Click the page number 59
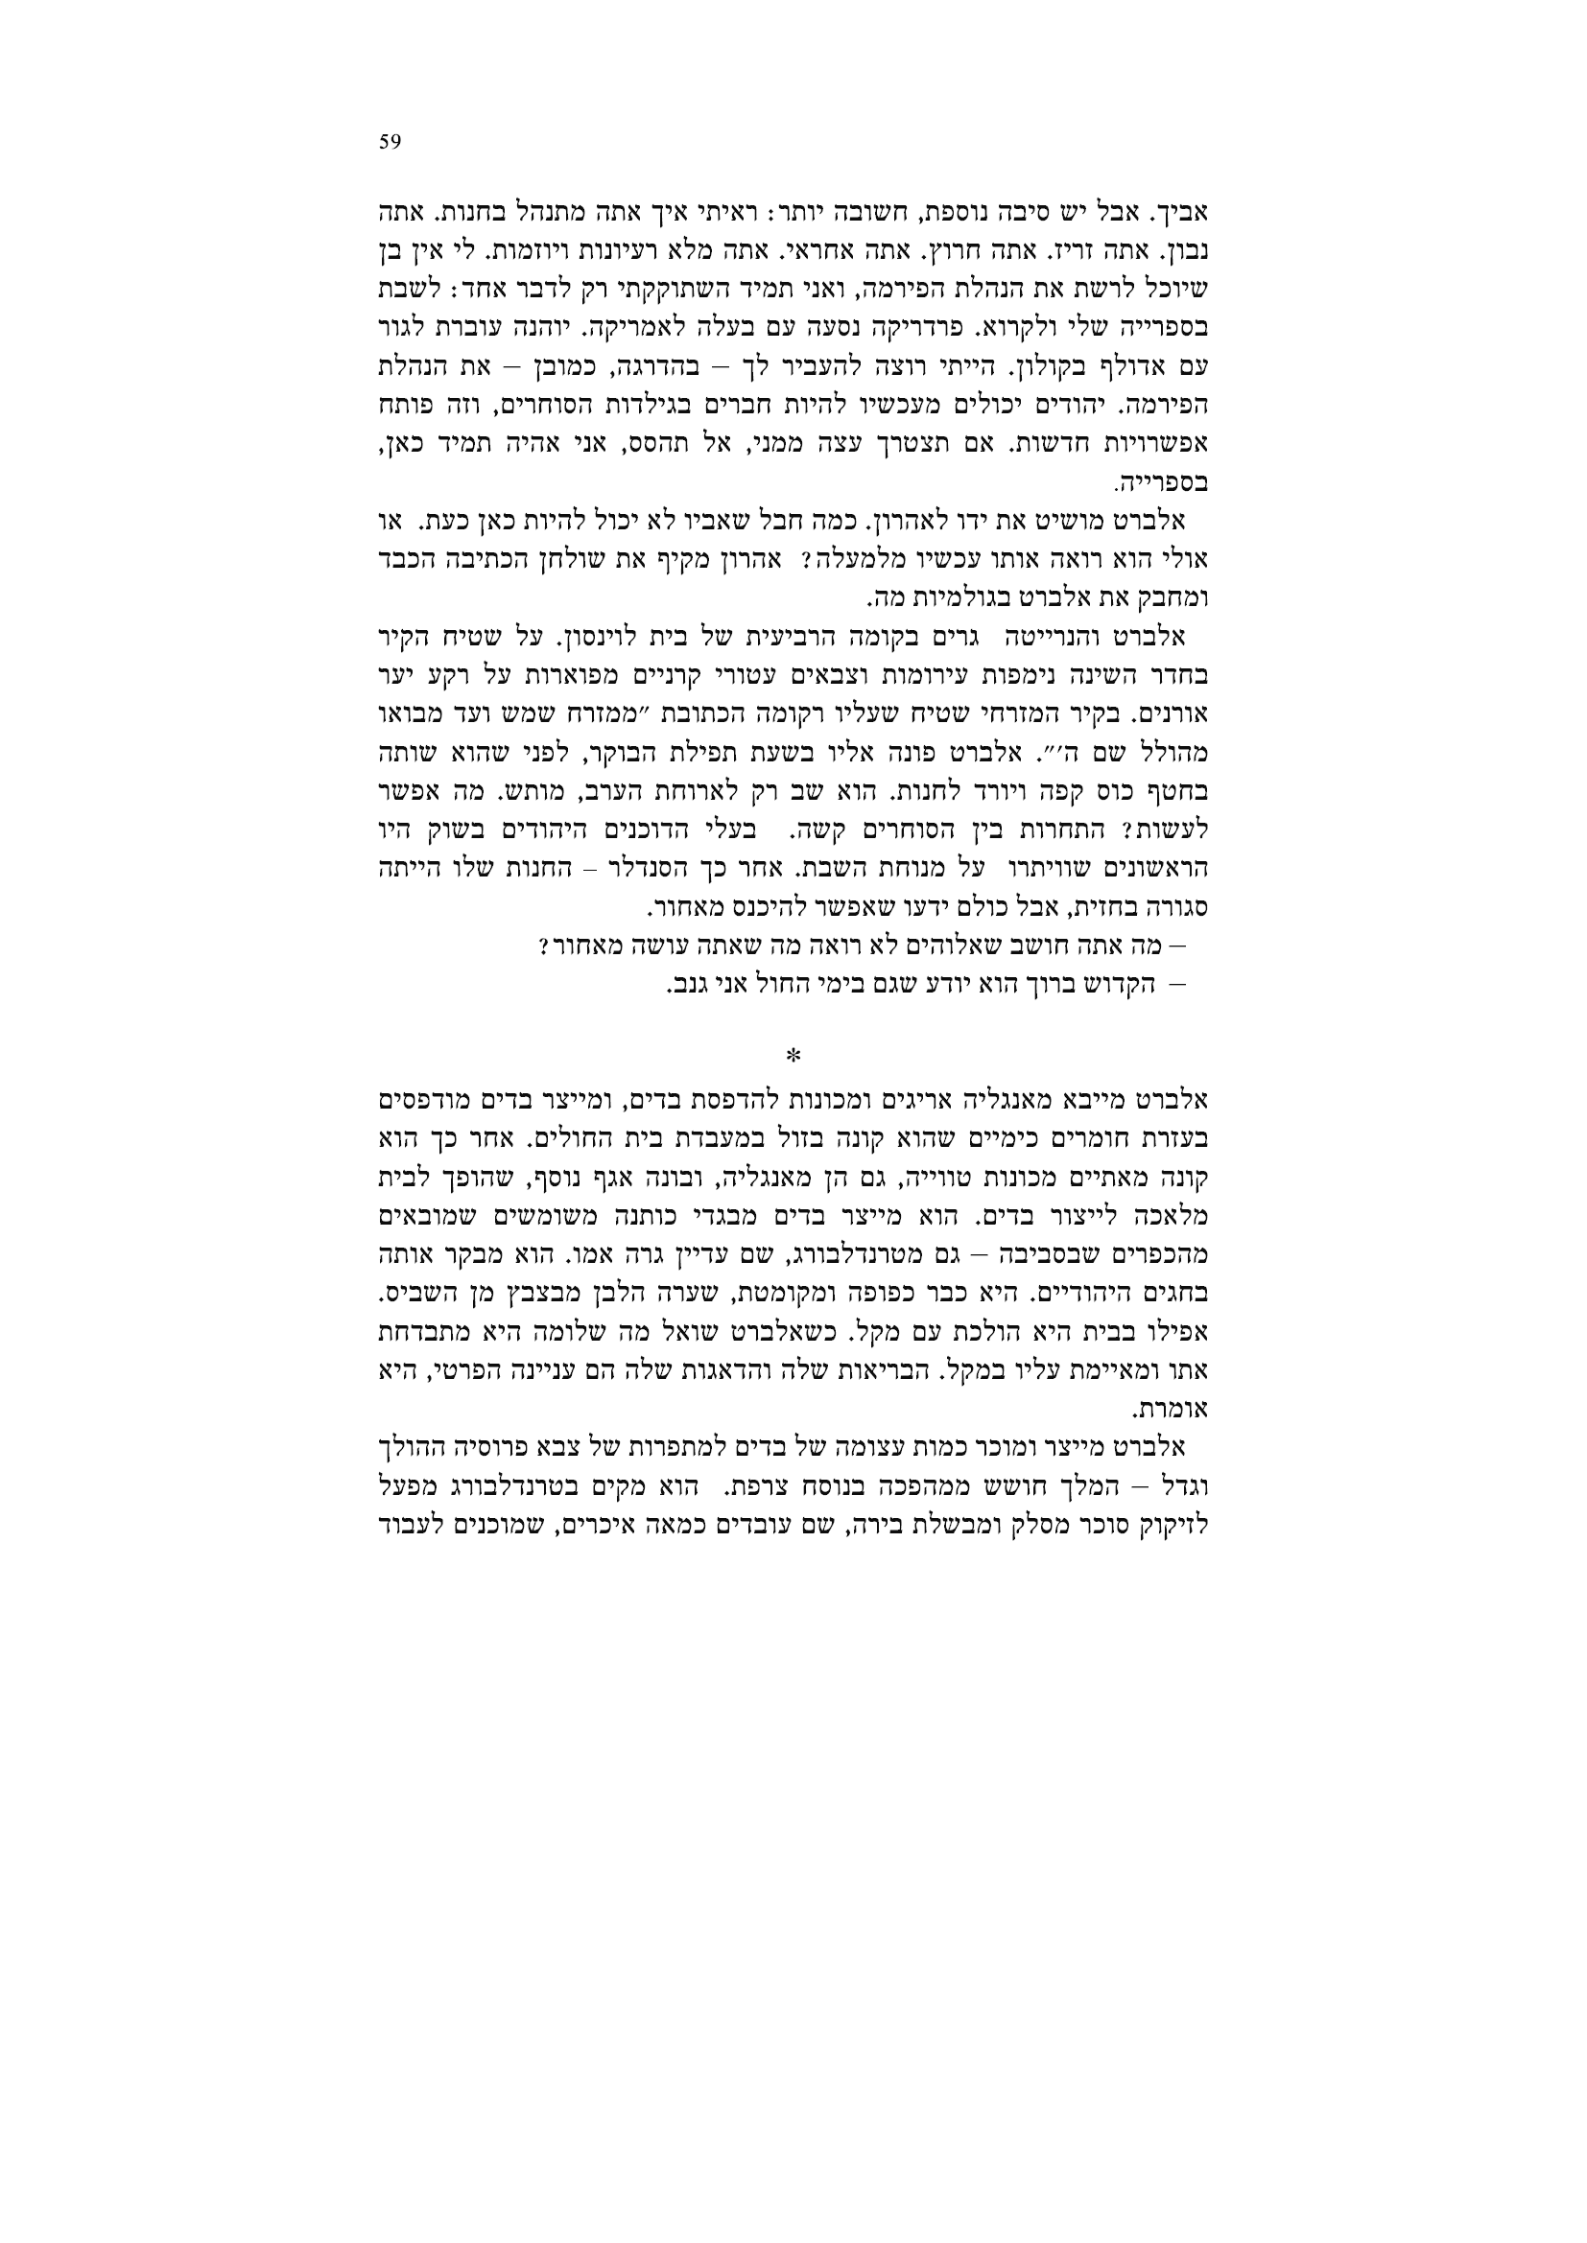[x=389, y=142]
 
